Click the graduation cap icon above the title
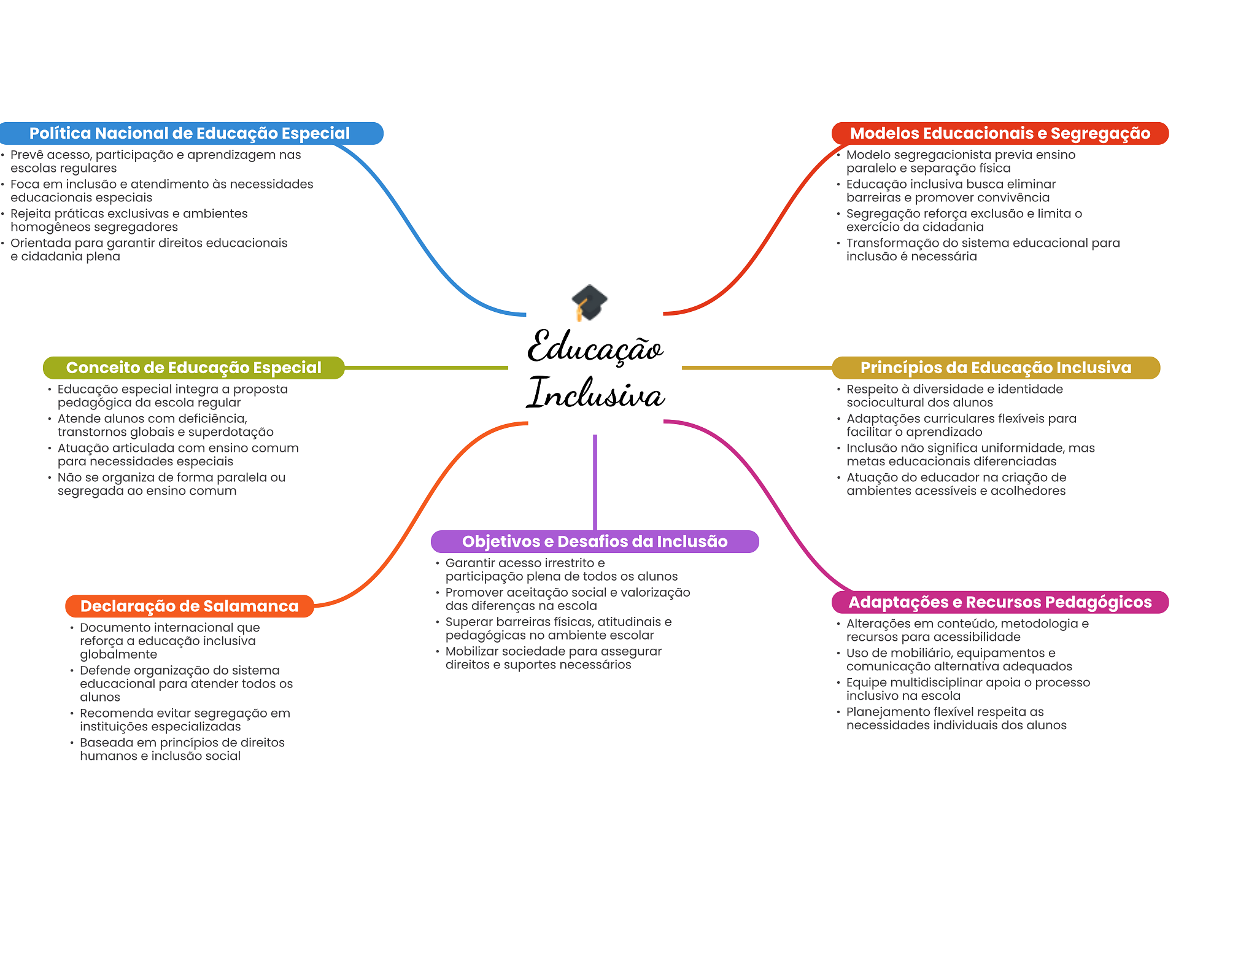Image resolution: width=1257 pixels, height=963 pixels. [589, 302]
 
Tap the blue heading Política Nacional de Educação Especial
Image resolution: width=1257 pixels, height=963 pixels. [190, 134]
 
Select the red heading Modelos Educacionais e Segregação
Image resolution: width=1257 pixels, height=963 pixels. [1000, 134]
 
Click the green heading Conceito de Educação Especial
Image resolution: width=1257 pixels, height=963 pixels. [193, 368]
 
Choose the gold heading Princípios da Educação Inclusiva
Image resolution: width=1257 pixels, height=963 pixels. [996, 368]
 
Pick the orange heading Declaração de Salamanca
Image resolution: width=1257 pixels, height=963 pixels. [189, 606]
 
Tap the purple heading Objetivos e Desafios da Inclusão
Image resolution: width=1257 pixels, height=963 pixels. [594, 541]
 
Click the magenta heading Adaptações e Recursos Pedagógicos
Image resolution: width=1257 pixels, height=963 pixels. [1000, 602]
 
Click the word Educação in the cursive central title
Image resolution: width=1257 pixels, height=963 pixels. [595, 347]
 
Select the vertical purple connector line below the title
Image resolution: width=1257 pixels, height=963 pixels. [595, 482]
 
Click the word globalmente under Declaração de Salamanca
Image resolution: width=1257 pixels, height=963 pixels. [118, 654]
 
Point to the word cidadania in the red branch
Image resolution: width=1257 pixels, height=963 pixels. [957, 227]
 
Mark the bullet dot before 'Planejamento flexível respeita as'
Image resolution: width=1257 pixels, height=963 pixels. [838, 712]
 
